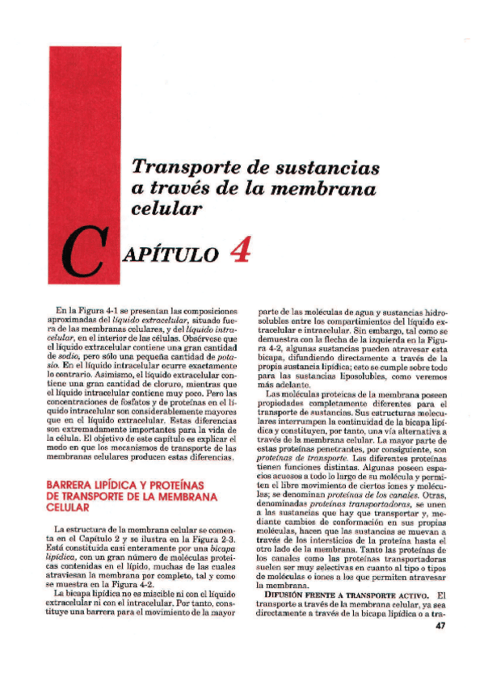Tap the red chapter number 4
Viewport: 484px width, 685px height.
click(240, 250)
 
